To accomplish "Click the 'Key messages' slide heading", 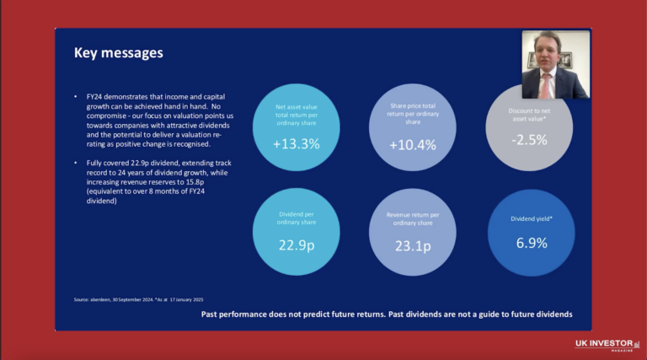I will pyautogui.click(x=118, y=53).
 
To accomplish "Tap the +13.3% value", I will pyautogui.click(x=296, y=144).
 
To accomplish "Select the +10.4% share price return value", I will pyautogui.click(x=413, y=145).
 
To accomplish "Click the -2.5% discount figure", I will pyautogui.click(x=530, y=140).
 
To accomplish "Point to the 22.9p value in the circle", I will pyautogui.click(x=296, y=246).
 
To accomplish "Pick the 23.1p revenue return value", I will pyautogui.click(x=413, y=246).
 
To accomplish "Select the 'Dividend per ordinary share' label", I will pyautogui.click(x=296, y=219).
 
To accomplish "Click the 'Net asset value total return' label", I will pyautogui.click(x=296, y=113).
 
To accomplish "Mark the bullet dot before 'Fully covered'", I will pyautogui.click(x=77, y=160).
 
